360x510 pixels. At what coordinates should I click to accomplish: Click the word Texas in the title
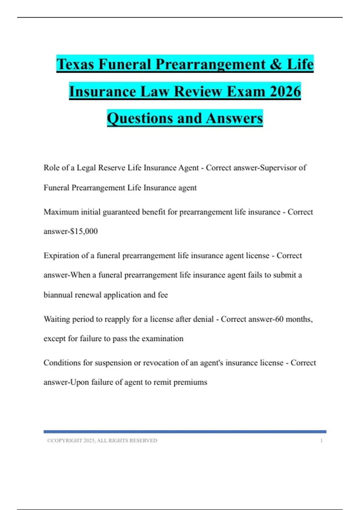click(x=75, y=64)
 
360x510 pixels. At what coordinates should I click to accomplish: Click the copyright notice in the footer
click(x=102, y=440)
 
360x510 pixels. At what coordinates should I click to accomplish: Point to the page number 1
click(x=321, y=440)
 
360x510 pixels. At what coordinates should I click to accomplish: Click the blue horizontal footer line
click(x=185, y=432)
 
